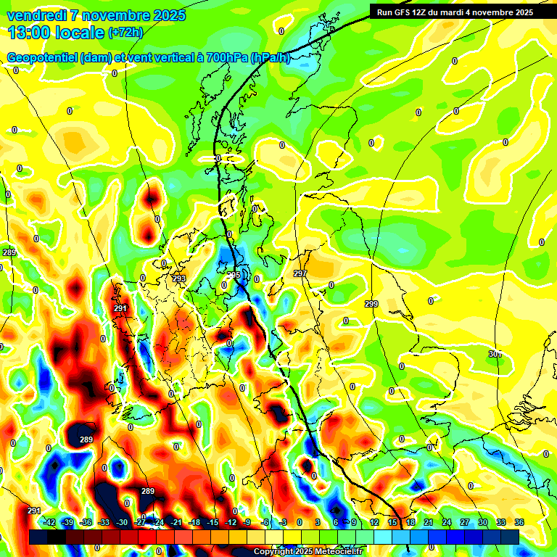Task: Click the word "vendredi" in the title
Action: tap(36, 15)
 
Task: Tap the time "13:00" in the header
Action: tap(29, 32)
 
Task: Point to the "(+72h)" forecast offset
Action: tap(125, 33)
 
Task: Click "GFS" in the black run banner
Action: tap(405, 12)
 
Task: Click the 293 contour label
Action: tap(179, 278)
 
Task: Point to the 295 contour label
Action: tap(234, 276)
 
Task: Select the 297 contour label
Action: tap(300, 273)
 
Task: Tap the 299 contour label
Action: tap(371, 304)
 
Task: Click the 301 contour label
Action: tap(495, 354)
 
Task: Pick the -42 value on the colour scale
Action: tap(50, 522)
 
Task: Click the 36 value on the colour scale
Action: tap(519, 522)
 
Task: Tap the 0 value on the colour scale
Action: tap(300, 522)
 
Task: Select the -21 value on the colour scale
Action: tap(176, 522)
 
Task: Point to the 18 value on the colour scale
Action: tap(410, 522)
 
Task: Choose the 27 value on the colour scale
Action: tap(465, 522)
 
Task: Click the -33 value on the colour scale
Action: tap(104, 522)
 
